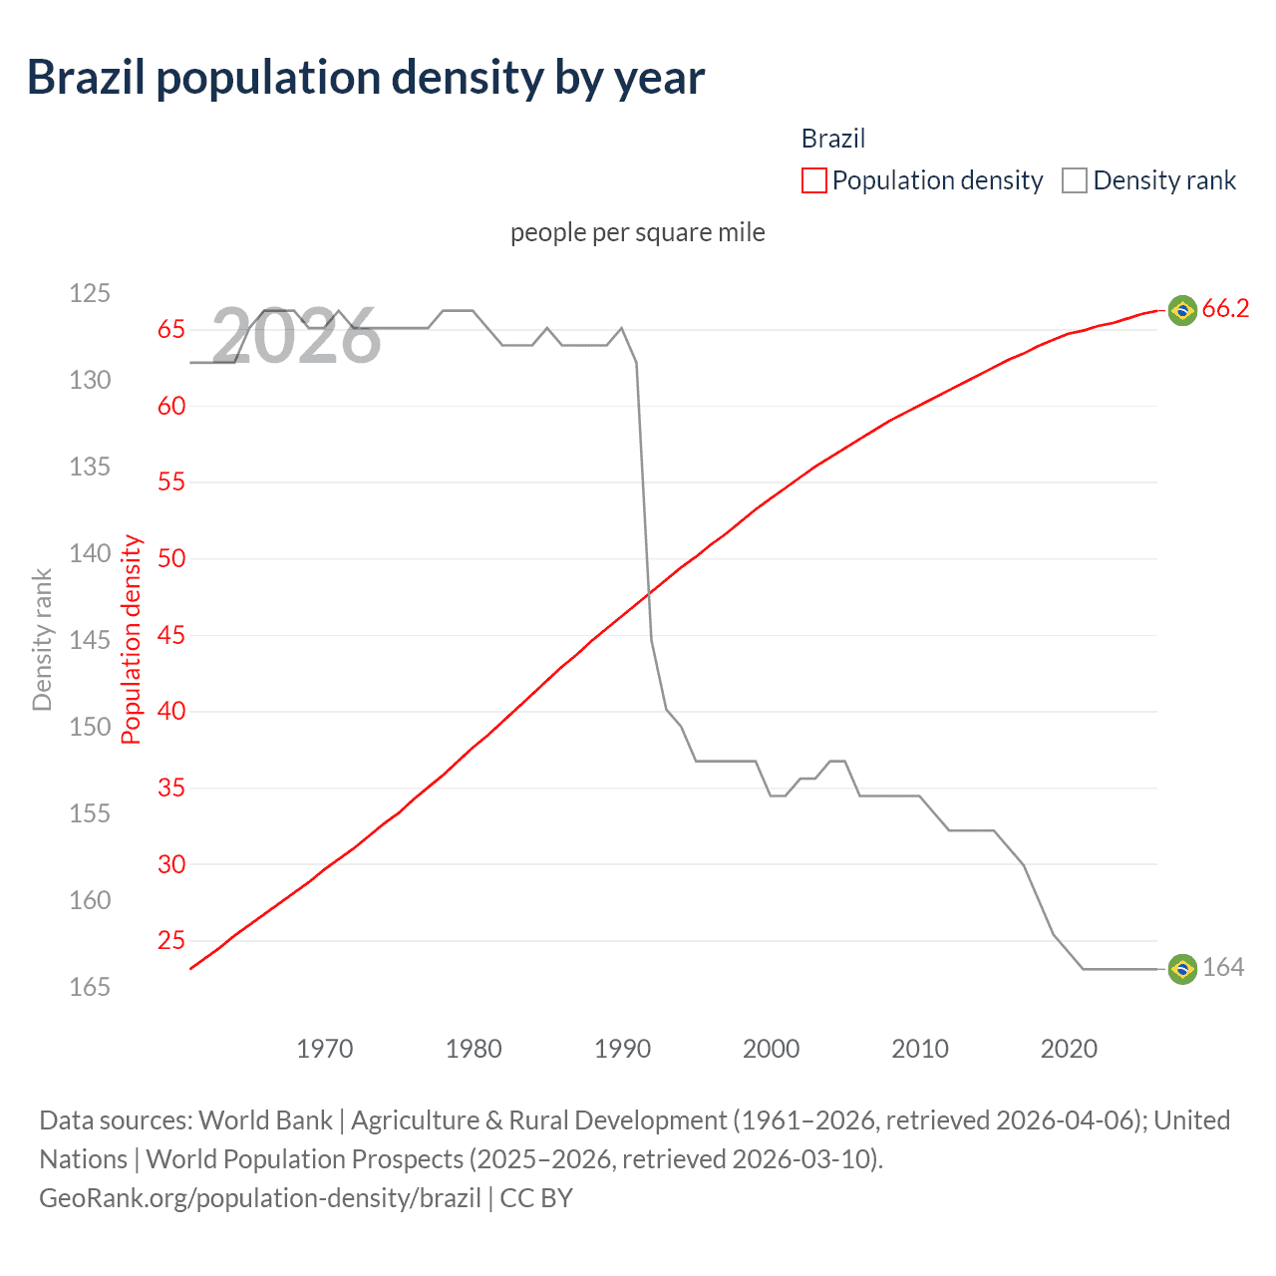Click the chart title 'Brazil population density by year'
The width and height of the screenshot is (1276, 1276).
click(x=365, y=78)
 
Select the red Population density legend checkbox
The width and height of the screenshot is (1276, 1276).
click(x=813, y=180)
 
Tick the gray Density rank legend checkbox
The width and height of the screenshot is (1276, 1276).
click(x=1074, y=180)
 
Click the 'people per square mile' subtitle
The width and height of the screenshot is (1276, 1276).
click(x=637, y=232)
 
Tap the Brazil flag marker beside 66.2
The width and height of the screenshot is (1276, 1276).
click(x=1181, y=310)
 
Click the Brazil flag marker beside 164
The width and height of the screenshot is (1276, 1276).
click(x=1181, y=968)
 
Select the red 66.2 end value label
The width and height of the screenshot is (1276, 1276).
click(x=1225, y=309)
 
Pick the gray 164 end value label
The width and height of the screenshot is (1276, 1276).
click(x=1223, y=968)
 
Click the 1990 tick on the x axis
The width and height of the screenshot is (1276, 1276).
click(x=622, y=1049)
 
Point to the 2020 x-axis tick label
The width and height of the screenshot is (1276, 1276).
click(x=1069, y=1049)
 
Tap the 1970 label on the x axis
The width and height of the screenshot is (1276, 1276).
click(x=325, y=1049)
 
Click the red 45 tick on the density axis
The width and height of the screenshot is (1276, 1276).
click(x=171, y=635)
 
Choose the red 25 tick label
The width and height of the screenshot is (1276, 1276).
click(x=171, y=940)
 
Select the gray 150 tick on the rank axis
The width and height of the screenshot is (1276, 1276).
click(x=90, y=727)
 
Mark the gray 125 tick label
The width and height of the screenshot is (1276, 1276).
click(x=90, y=293)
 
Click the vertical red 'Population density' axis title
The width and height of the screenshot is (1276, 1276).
click(x=132, y=639)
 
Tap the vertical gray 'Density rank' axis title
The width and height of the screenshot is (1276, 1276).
click(x=42, y=639)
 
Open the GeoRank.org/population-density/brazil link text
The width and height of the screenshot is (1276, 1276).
click(x=260, y=1198)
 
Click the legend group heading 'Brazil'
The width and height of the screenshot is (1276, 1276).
click(x=833, y=139)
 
